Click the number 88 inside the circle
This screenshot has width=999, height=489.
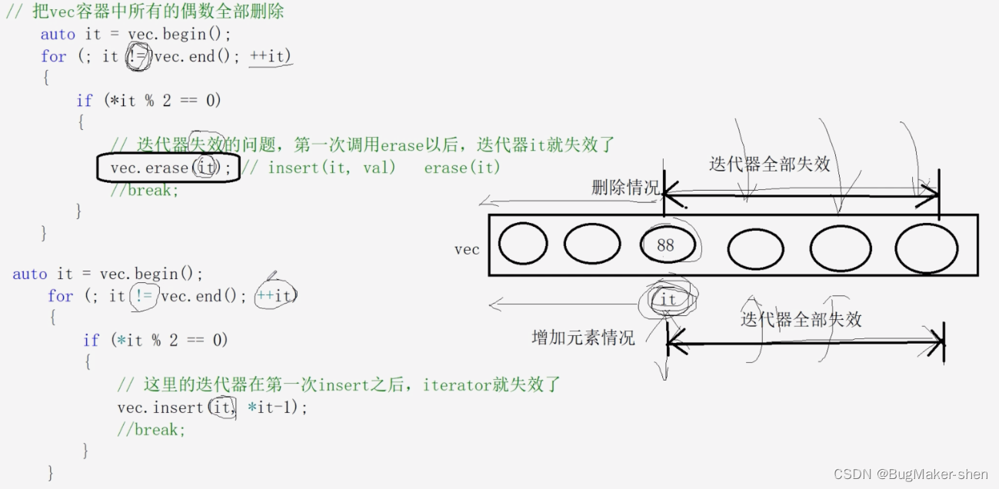665,245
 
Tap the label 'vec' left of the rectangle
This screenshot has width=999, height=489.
467,249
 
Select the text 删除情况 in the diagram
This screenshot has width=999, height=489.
625,188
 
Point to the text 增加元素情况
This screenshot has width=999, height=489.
584,338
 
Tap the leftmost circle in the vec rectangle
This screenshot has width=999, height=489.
523,244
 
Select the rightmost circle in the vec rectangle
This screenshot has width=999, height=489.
926,248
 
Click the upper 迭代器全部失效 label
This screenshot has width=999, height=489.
769,164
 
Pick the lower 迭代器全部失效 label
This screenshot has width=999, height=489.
801,319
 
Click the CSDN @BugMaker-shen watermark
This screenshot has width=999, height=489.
911,474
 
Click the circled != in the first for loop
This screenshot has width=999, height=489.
138,56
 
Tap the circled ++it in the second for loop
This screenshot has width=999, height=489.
275,296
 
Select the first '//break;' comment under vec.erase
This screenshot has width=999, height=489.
145,189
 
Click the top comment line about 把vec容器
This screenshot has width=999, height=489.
145,12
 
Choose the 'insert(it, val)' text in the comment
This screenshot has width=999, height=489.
331,167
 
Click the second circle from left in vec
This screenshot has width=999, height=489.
591,245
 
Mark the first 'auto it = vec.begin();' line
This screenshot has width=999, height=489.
135,34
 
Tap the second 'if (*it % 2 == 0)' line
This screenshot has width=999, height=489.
155,340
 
